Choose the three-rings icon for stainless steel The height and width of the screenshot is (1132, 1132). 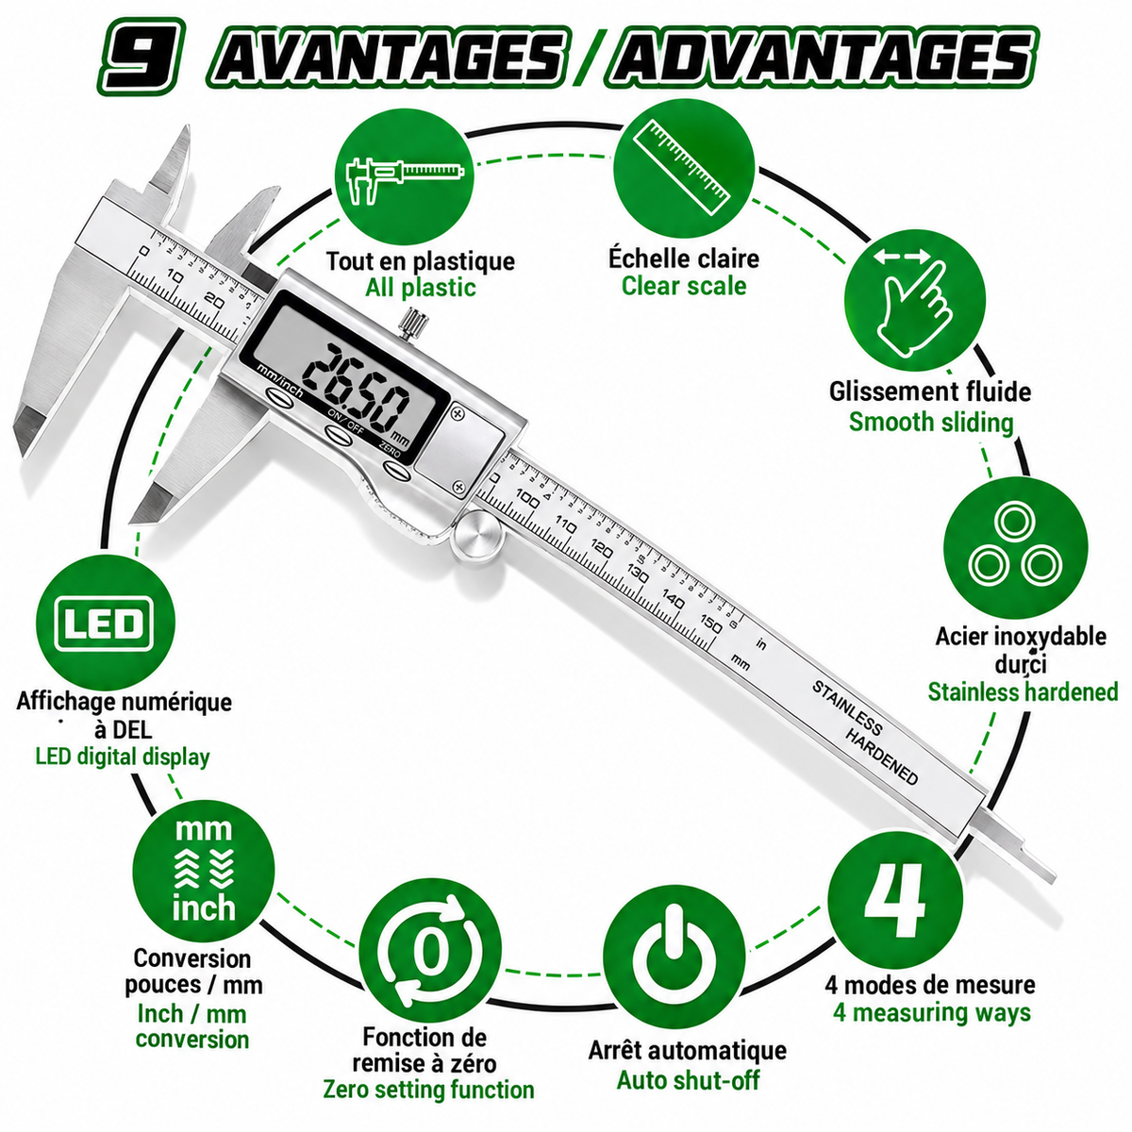(x=1015, y=547)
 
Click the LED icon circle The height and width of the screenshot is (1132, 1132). (x=106, y=624)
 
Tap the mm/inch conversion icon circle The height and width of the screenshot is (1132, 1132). (x=204, y=870)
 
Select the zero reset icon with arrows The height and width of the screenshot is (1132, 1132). (x=430, y=950)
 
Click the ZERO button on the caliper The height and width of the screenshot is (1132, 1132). (x=395, y=470)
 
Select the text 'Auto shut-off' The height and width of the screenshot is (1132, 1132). (x=688, y=1080)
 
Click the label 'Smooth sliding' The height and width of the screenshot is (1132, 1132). (x=931, y=422)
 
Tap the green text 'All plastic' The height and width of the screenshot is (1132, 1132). (x=421, y=288)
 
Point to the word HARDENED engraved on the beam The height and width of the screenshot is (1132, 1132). (x=881, y=757)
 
